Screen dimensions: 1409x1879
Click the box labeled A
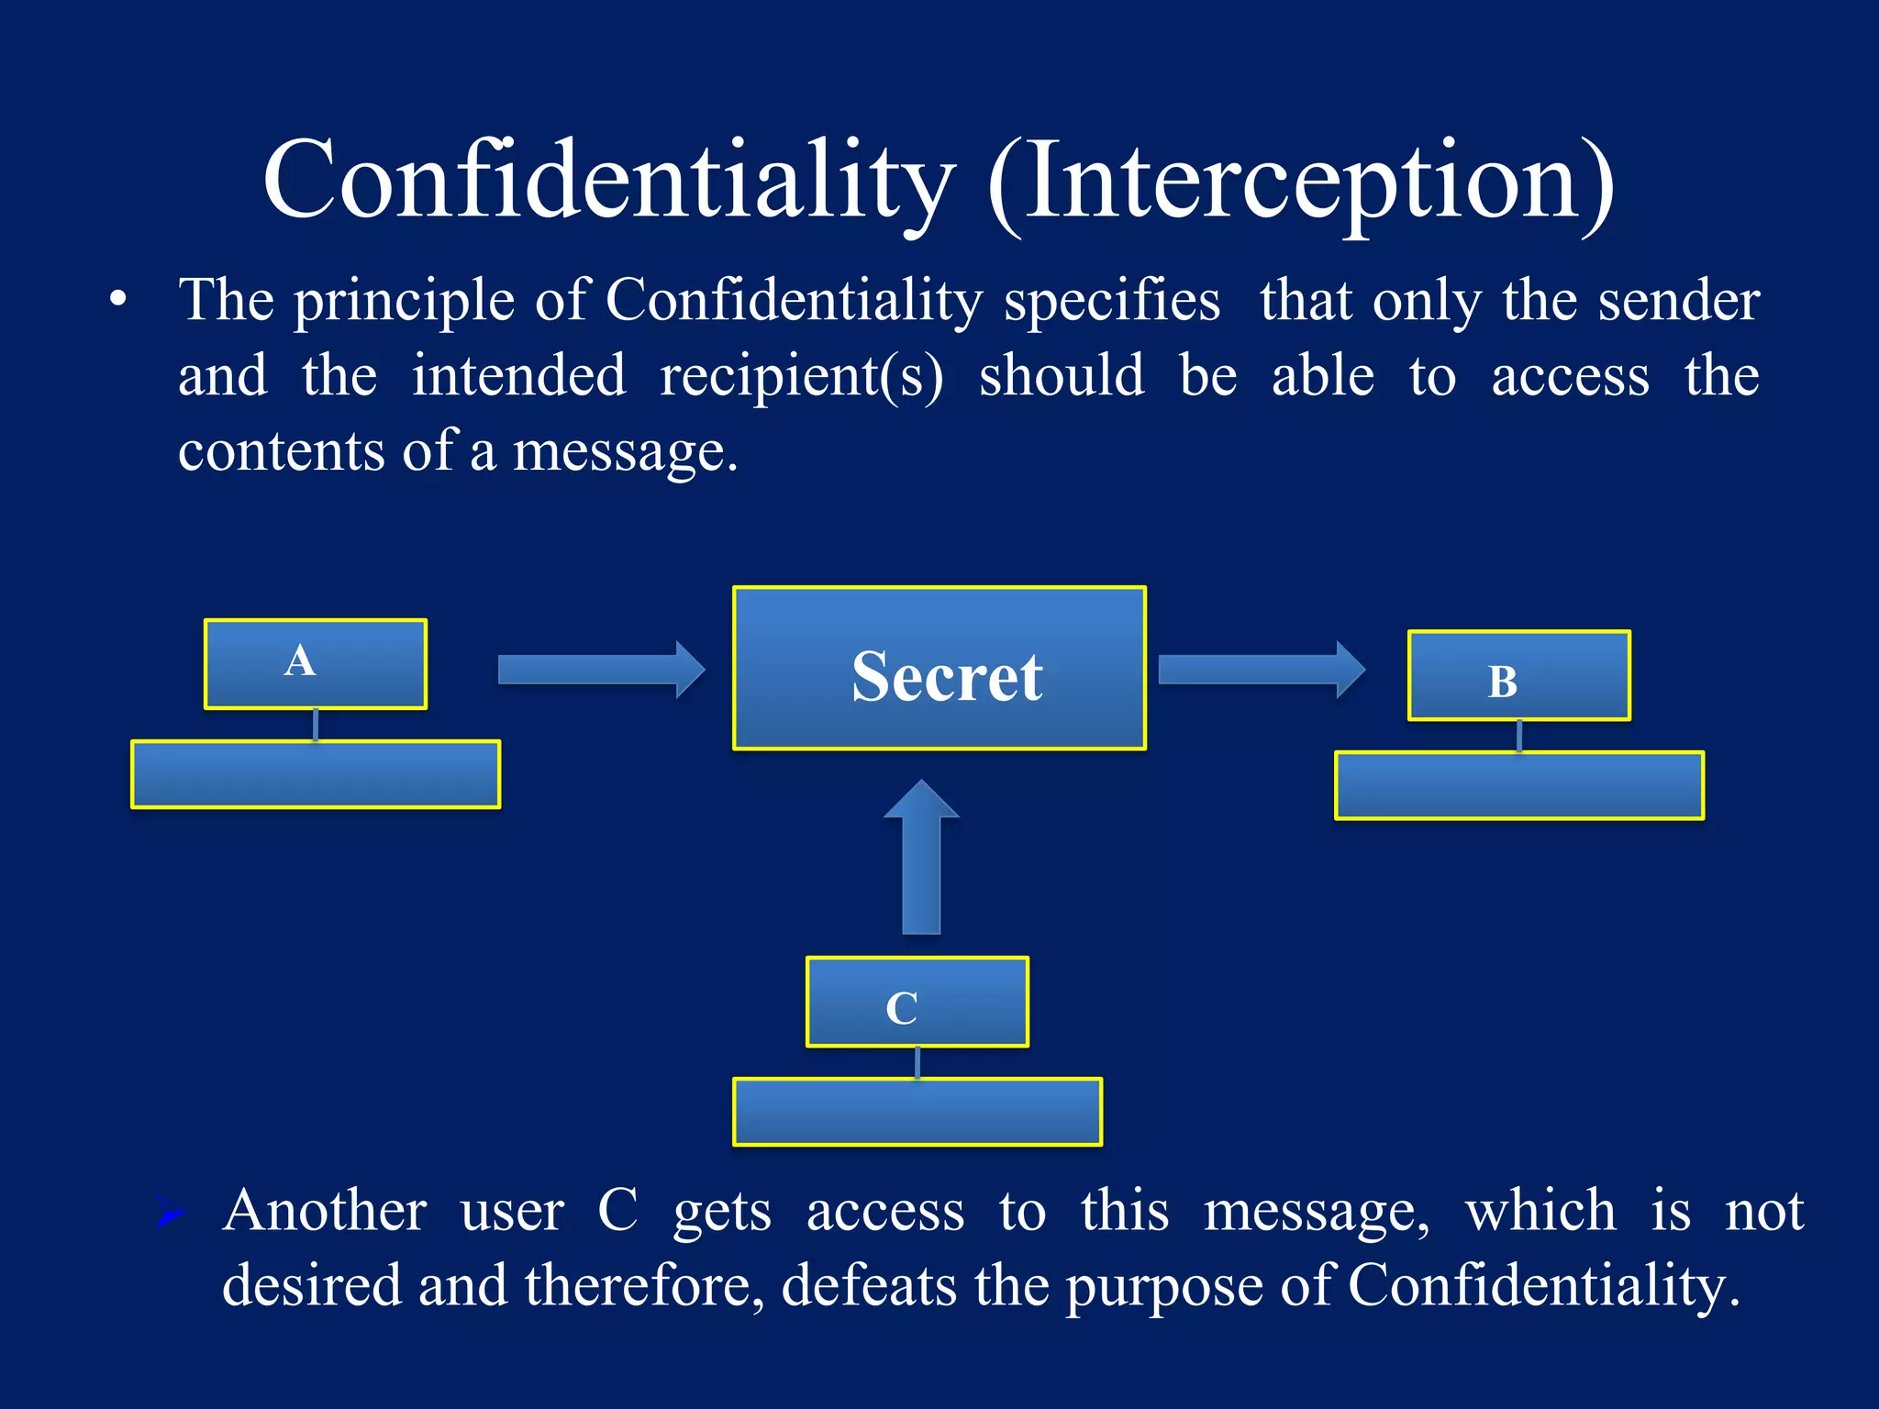point(316,664)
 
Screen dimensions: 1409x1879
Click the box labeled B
point(1519,676)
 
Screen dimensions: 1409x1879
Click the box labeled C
point(917,1002)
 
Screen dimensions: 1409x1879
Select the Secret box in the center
point(939,669)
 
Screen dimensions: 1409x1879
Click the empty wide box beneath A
point(316,774)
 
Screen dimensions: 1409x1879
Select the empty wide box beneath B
point(1519,785)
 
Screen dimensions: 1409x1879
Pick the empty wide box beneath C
point(917,1112)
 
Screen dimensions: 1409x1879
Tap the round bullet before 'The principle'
point(117,300)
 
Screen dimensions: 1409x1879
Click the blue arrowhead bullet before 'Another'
point(171,1213)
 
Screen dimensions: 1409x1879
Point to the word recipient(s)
point(801,376)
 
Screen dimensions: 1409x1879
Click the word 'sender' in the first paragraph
point(1678,301)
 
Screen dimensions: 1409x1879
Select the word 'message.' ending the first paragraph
point(625,451)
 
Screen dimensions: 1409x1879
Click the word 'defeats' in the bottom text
point(869,1285)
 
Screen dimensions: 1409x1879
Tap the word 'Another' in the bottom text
point(324,1211)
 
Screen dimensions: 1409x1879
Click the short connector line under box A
point(316,725)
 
